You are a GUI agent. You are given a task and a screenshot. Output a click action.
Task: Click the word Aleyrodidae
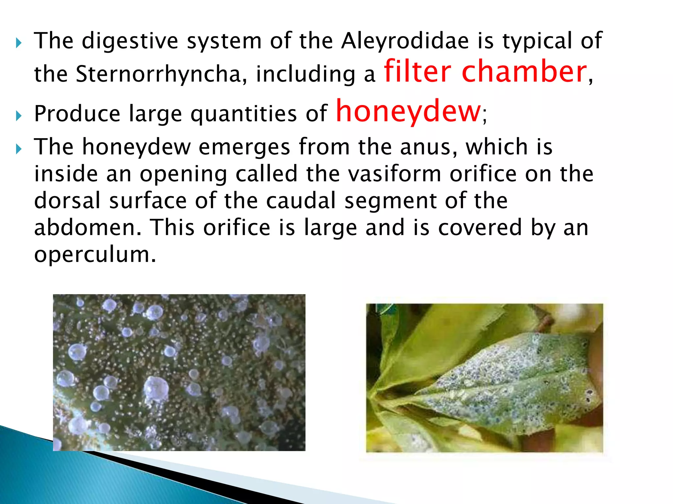405,41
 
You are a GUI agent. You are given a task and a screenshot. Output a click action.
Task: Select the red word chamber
524,71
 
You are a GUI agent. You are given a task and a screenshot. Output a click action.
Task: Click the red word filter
417,71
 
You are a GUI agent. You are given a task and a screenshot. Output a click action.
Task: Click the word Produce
77,114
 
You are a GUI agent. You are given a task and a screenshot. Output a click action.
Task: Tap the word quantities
244,114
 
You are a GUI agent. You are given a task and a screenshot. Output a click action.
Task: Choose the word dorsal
67,200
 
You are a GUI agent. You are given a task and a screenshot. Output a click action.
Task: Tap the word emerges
244,147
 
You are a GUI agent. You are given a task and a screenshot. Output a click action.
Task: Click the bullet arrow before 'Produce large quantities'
18,115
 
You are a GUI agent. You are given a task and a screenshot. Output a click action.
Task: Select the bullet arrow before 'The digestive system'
18,43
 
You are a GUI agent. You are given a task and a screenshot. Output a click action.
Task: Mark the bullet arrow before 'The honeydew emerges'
18,149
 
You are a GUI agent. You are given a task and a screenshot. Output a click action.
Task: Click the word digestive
130,41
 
